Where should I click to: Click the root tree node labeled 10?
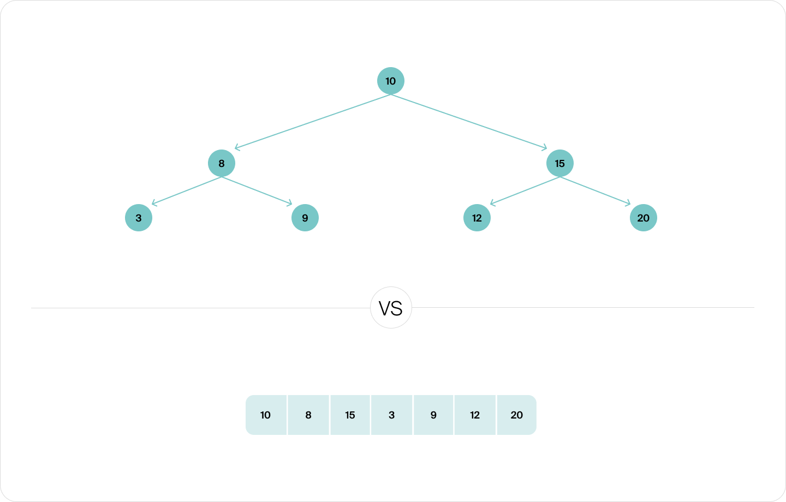click(391, 81)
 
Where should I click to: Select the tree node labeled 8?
click(222, 163)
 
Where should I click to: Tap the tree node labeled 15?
click(559, 163)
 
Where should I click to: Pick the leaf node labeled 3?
click(139, 218)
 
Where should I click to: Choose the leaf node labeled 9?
click(305, 218)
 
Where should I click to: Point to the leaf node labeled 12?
click(477, 218)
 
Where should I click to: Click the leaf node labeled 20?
click(643, 218)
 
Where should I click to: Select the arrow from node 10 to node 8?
click(312, 122)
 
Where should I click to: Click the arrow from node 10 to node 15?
click(469, 122)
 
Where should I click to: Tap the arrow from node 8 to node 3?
click(186, 190)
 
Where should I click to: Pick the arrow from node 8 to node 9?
click(257, 190)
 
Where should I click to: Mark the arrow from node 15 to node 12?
click(525, 190)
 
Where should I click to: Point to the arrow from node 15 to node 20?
click(595, 190)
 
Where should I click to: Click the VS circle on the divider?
click(391, 308)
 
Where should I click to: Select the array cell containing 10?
click(266, 415)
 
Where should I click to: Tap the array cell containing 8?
click(308, 415)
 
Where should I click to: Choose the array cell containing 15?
click(350, 415)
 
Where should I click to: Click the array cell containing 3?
click(391, 415)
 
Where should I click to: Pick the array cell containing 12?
click(475, 415)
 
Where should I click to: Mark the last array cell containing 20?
click(516, 415)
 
